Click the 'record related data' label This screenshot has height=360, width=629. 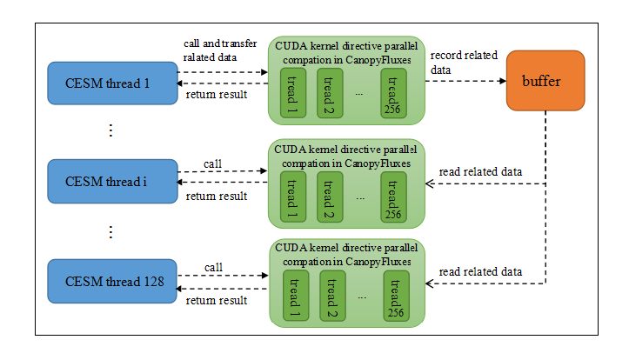click(464, 62)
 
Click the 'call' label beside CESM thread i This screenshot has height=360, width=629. click(212, 163)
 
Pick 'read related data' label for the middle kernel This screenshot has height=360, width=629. click(480, 171)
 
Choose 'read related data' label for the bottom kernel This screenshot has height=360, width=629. click(480, 272)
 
